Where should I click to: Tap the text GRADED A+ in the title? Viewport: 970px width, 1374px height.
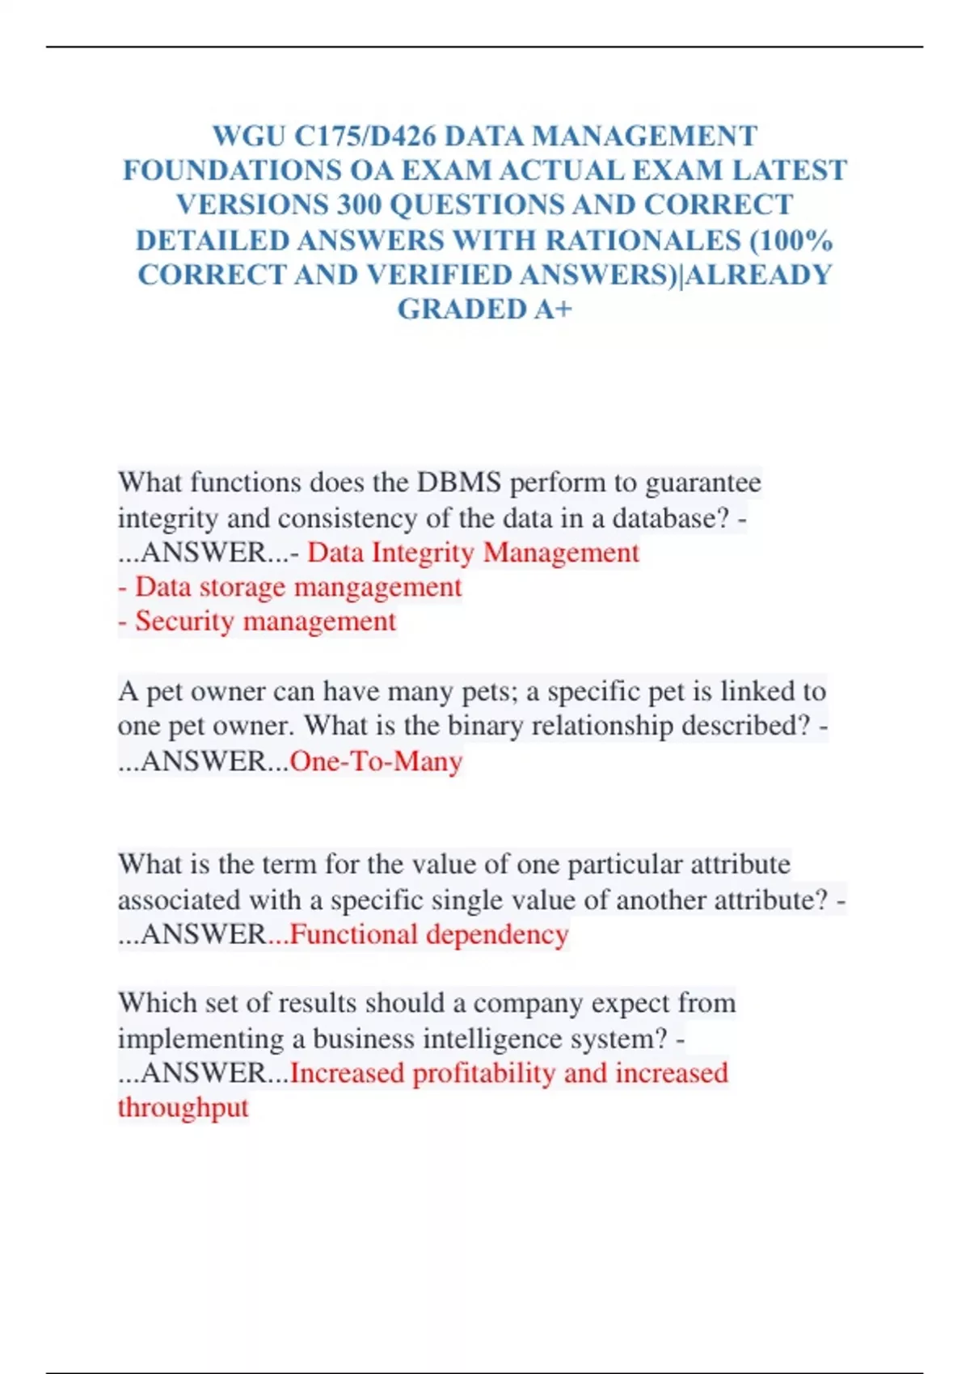tap(484, 310)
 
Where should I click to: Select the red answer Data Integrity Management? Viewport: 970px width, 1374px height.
tap(473, 553)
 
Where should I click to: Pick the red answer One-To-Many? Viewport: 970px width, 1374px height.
tap(376, 761)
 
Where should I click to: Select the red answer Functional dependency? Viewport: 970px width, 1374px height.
tap(429, 935)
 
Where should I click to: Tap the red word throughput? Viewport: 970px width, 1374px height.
tap(183, 1108)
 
